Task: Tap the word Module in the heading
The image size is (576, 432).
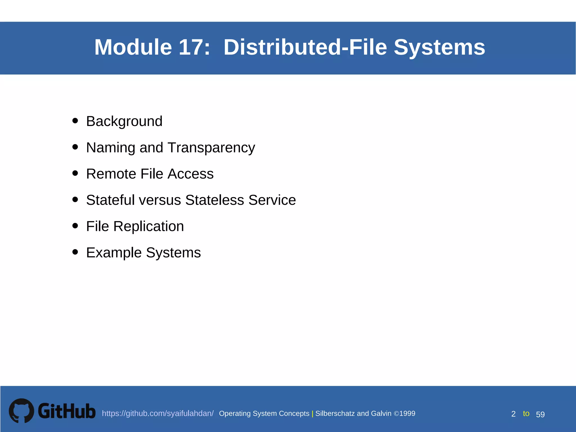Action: coord(133,47)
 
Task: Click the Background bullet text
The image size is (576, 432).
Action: coord(124,121)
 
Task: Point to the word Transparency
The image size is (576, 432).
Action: coord(211,148)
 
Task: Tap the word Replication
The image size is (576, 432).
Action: coord(148,226)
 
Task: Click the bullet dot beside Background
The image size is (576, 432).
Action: coord(75,121)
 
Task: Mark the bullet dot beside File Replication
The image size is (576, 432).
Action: coord(75,226)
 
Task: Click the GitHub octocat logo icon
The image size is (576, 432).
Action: coord(21,411)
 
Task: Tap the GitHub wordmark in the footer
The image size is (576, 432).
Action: coord(67,411)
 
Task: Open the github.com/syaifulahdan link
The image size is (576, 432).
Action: coord(157,413)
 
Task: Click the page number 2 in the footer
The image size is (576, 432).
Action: coord(513,414)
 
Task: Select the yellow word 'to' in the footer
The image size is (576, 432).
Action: coord(526,413)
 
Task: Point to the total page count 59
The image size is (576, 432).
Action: coord(540,414)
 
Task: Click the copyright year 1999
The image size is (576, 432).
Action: coord(407,413)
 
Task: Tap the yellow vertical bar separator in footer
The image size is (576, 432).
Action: coord(312,414)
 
